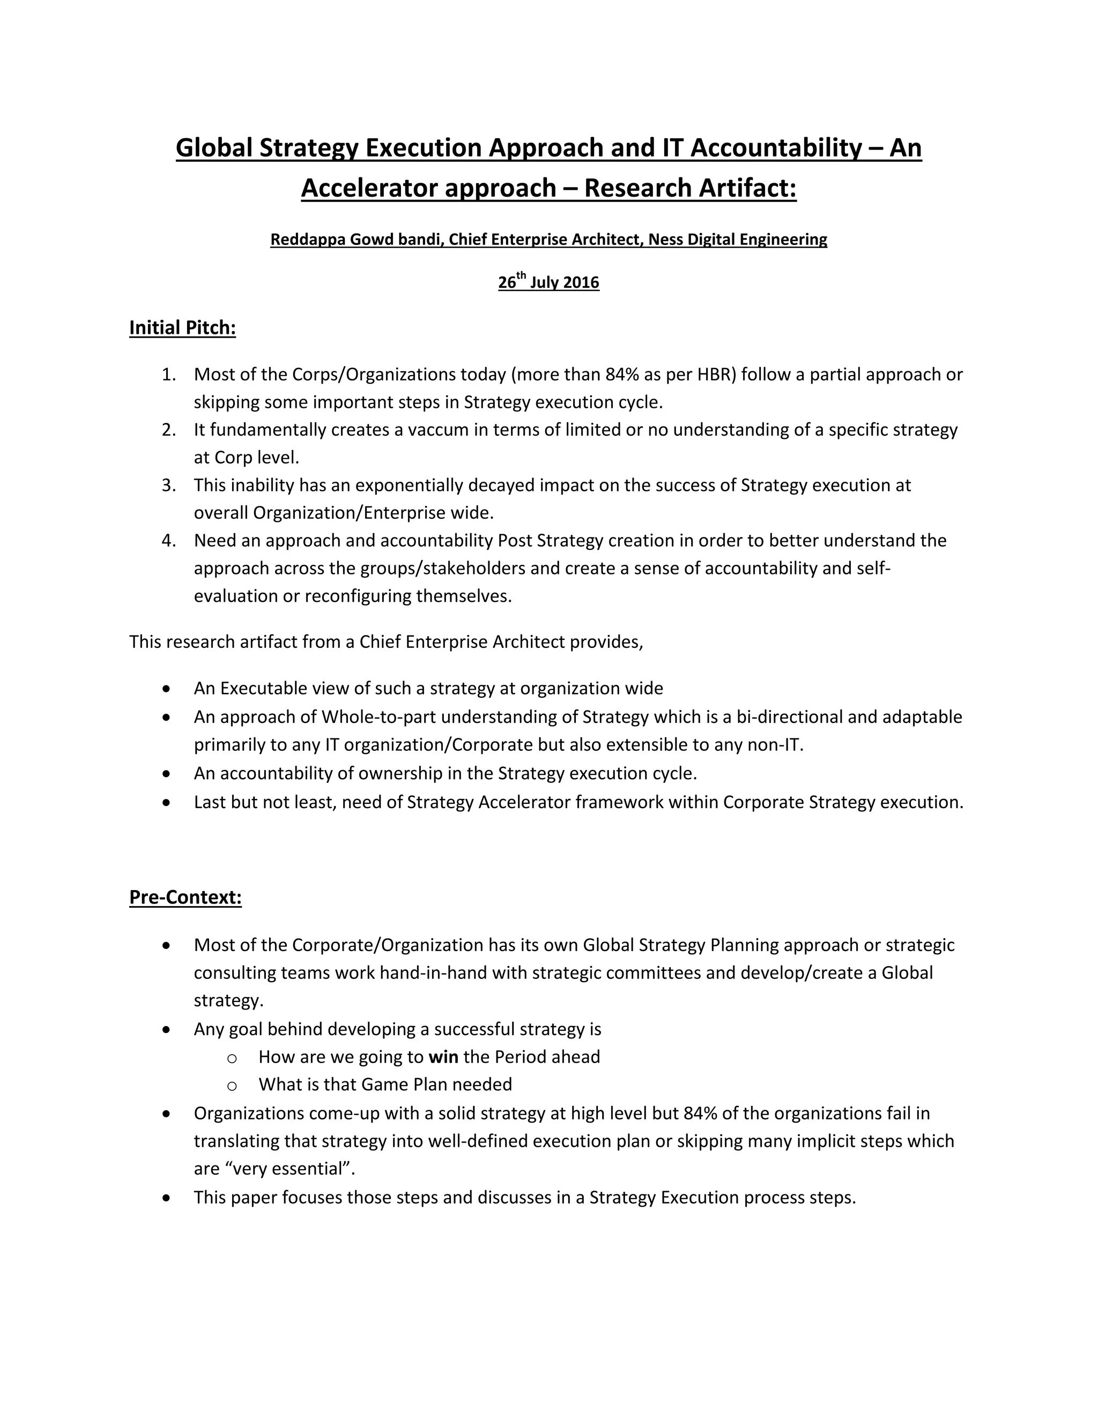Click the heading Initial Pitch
182,328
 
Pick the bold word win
443,1057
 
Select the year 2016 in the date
581,283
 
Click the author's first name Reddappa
308,240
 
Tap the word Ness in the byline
665,240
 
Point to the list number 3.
168,485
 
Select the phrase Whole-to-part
378,717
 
